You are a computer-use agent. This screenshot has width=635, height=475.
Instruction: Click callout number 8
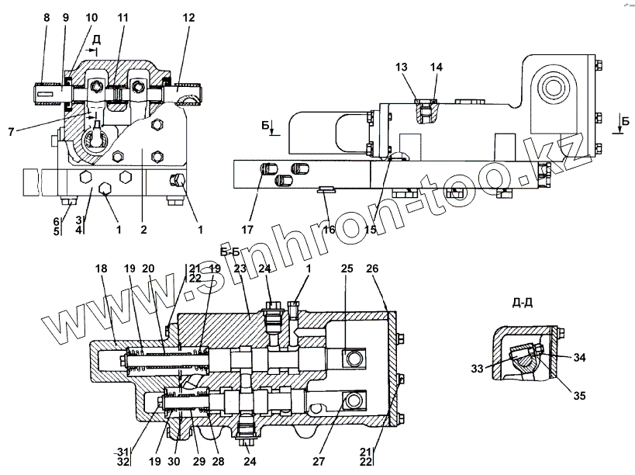46,16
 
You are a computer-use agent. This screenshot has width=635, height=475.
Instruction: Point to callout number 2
143,230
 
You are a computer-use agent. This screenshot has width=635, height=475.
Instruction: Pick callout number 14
437,68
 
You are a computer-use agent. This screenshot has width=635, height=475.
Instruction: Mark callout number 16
330,230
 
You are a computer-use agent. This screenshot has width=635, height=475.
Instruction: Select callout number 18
102,268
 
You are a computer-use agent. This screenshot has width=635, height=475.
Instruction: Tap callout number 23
240,268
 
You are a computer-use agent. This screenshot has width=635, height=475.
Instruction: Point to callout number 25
346,268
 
